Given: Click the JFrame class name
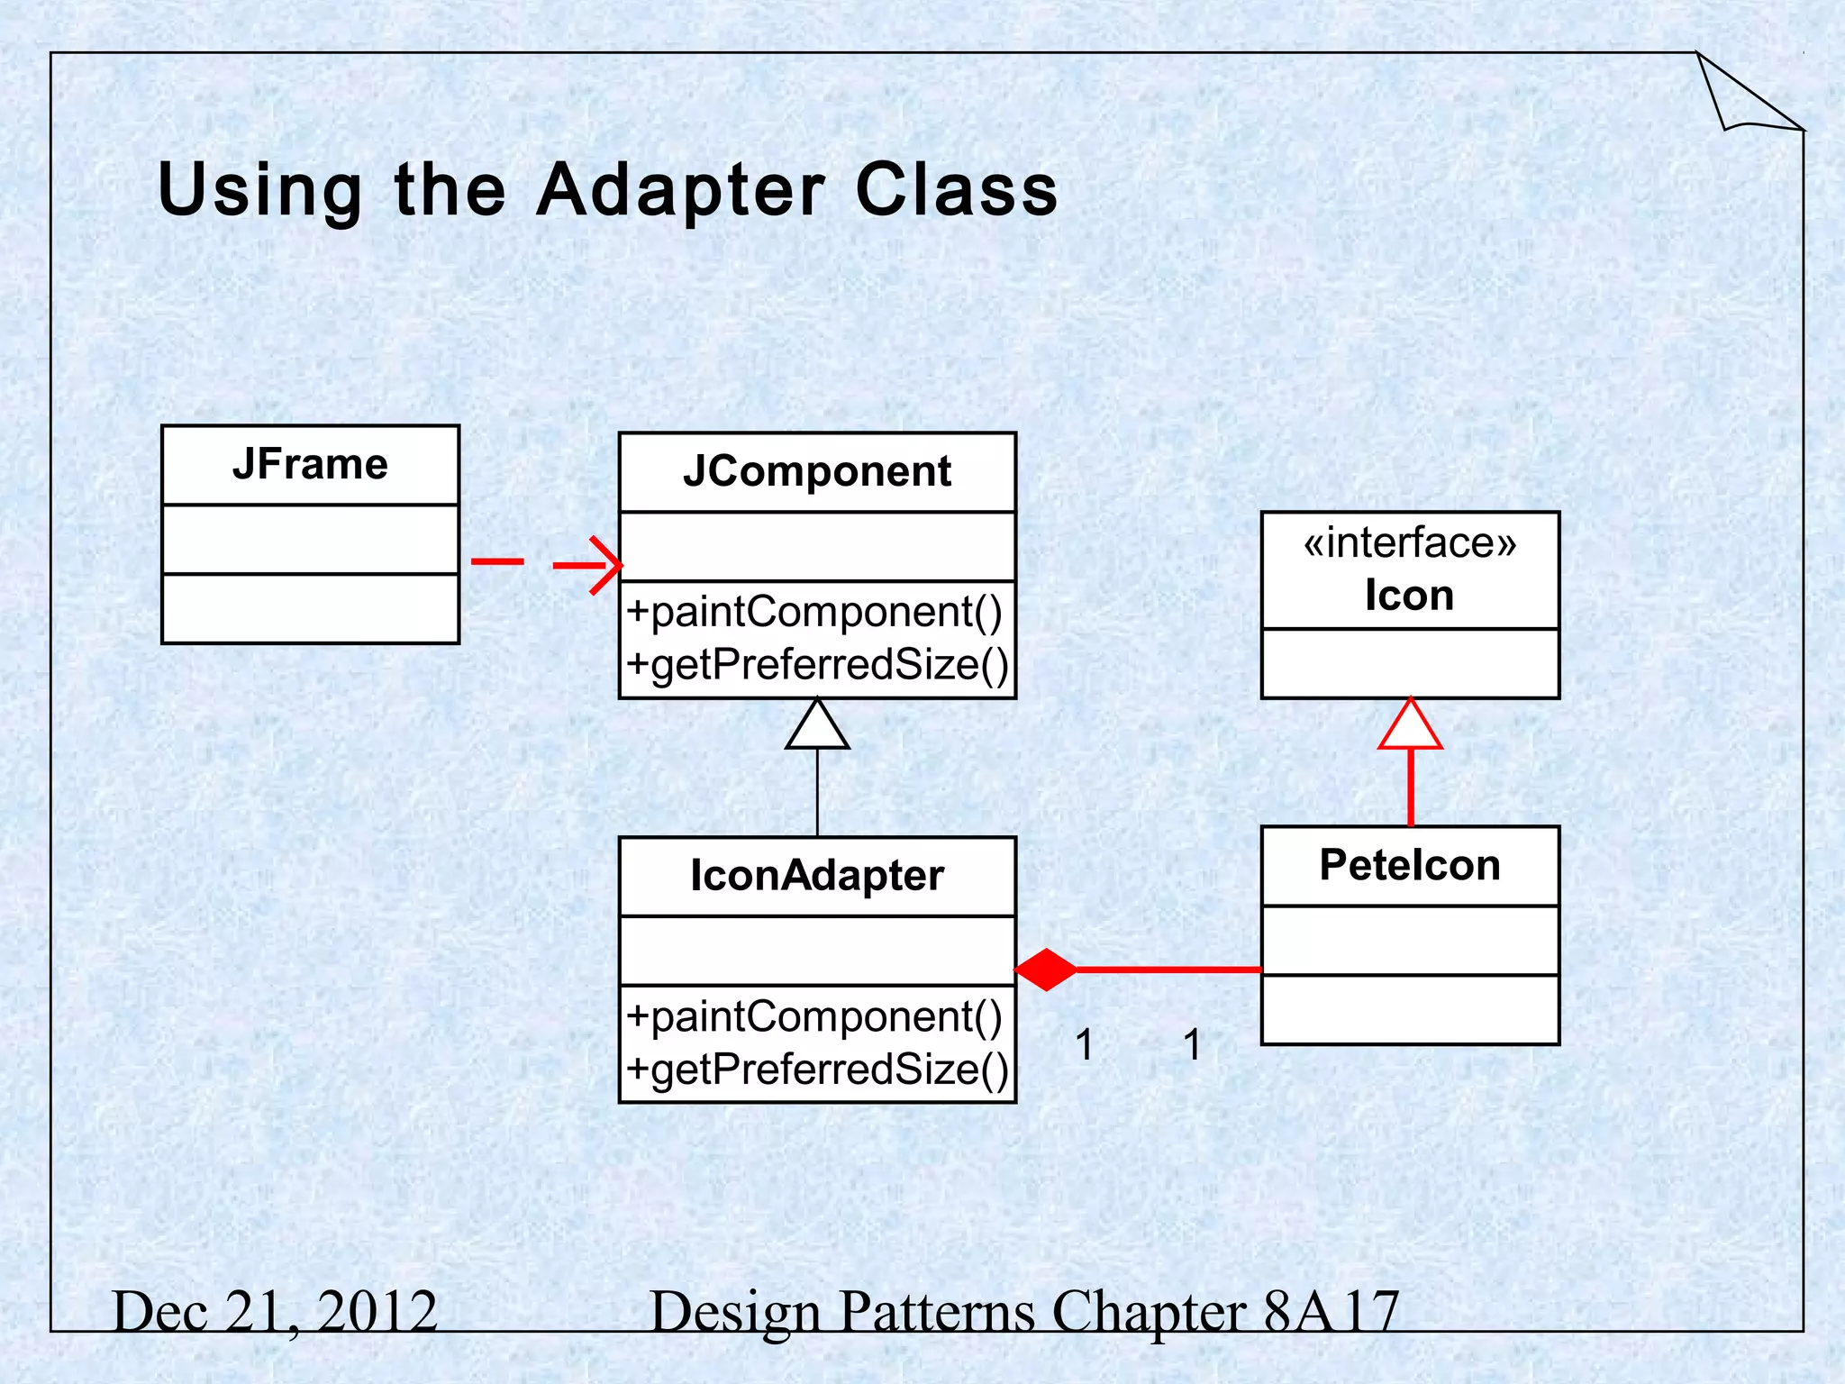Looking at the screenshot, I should [310, 465].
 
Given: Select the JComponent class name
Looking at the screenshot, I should [816, 472].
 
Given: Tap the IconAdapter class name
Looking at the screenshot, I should [816, 876].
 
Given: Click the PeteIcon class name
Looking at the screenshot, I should [1410, 865].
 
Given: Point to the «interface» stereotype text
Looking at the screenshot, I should [1410, 543].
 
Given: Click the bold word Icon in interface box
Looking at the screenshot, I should [1410, 596].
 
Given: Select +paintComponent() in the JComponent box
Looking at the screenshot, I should [814, 613].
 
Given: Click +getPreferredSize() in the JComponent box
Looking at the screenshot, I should [818, 665].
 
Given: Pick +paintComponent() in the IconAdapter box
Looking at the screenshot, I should [814, 1017].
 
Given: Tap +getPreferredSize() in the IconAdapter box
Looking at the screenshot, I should [818, 1070].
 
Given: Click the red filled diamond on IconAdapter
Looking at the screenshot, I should [1045, 970].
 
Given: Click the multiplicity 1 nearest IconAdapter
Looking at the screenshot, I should [1085, 1045].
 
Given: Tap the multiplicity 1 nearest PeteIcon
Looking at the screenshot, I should [1192, 1045].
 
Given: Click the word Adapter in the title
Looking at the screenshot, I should [680, 190].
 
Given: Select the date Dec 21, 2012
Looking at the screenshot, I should [275, 1311].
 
